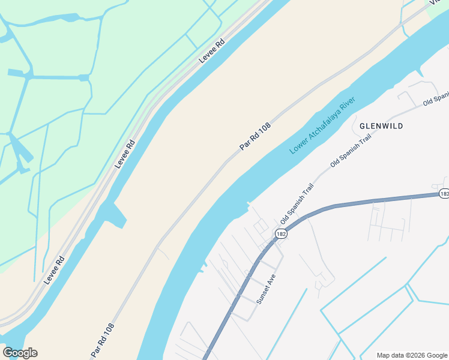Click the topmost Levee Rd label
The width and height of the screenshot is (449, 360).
[x=212, y=51]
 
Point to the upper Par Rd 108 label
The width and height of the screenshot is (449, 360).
[x=255, y=137]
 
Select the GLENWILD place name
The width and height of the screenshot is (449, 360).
[x=381, y=126]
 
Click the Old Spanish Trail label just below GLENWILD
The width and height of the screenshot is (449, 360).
[x=351, y=151]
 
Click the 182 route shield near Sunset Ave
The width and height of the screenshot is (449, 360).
[x=282, y=233]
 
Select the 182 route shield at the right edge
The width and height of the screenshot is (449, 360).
[x=444, y=194]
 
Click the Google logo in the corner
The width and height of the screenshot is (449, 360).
[x=20, y=353]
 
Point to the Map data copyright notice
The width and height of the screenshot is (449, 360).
[x=412, y=355]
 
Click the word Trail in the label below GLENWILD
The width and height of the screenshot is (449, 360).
[x=364, y=140]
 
